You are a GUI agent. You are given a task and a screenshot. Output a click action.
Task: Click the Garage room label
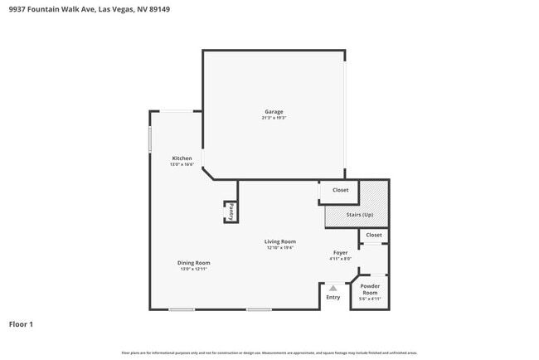coord(274,112)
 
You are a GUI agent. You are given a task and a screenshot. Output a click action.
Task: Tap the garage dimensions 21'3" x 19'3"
coord(274,118)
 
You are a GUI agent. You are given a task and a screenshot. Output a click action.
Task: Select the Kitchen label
coord(182,158)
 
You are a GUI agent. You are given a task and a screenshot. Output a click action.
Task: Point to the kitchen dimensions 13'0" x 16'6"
coord(182,164)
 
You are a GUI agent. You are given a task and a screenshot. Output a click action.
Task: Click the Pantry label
coord(231,212)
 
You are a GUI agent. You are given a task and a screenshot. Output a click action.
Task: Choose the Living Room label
coord(280,241)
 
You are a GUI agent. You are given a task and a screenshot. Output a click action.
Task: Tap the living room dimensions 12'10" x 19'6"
coord(280,247)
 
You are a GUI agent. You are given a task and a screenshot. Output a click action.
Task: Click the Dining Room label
coord(193,263)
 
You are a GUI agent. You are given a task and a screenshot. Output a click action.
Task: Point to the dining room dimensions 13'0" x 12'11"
coord(193,269)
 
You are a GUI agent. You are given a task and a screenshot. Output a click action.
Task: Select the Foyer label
coord(340,252)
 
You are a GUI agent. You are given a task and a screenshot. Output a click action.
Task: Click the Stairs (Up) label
coord(359,216)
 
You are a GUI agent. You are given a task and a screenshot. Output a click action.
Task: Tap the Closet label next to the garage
coord(340,190)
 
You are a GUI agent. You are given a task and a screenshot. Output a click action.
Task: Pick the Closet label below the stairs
coord(374,235)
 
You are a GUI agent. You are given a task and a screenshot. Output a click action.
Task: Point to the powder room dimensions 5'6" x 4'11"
coord(370,299)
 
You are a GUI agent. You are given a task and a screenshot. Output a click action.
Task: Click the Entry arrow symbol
coord(333,288)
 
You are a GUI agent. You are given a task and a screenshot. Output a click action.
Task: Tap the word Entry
coord(333,297)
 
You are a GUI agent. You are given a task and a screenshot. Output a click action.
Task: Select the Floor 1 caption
coord(21,324)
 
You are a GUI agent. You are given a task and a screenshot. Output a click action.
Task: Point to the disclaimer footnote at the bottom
coord(269,353)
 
